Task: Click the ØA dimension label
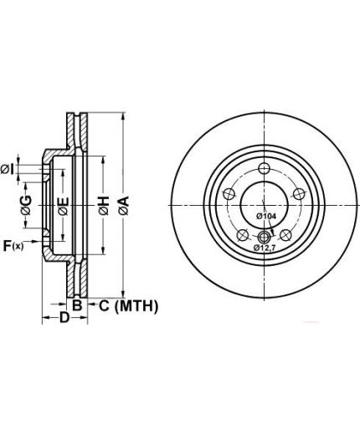click(123, 206)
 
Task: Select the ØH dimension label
click(104, 206)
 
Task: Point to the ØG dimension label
click(26, 205)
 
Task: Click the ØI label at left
click(8, 169)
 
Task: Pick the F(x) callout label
click(13, 246)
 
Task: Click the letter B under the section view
click(77, 305)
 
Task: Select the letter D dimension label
click(64, 317)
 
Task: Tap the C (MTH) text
click(129, 306)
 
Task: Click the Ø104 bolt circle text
click(266, 216)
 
